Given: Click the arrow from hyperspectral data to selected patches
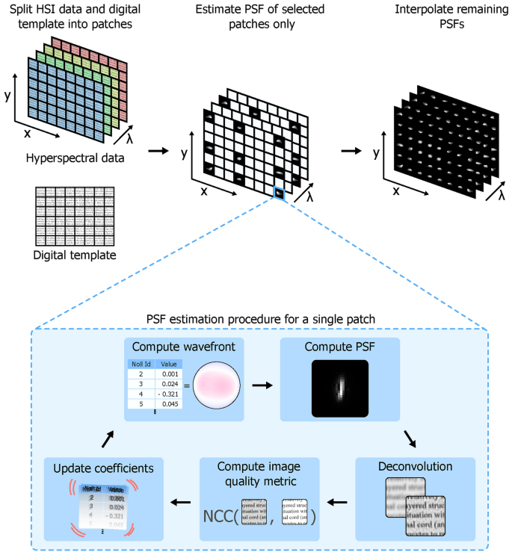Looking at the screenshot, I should [x=158, y=152].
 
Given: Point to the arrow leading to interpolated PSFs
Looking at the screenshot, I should [x=348, y=152].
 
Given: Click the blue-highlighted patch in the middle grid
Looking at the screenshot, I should [x=280, y=193].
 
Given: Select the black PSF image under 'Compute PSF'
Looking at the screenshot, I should [x=340, y=388].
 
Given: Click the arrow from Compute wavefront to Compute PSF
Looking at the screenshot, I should [x=262, y=386].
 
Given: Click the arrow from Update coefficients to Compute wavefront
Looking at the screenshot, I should [x=109, y=437].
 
